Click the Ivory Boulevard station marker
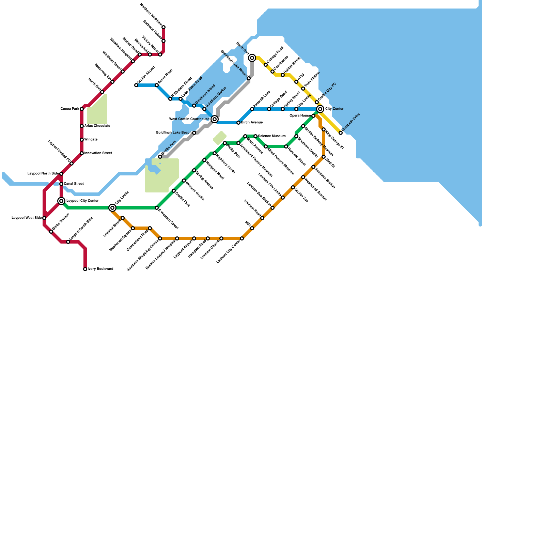[85, 269]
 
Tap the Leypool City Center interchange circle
[61, 201]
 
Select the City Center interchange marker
[320, 109]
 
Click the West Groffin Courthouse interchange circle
[215, 119]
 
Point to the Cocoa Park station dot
[82, 109]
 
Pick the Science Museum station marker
[255, 136]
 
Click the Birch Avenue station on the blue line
[238, 123]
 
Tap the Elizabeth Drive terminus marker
[341, 133]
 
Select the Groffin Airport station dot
[136, 85]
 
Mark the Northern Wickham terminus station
[163, 27]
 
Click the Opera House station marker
[313, 116]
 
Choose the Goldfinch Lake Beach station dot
[194, 133]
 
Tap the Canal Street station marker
[61, 184]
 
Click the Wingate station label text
[91, 140]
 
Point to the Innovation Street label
[98, 153]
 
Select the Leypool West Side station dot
[44, 218]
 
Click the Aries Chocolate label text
[97, 126]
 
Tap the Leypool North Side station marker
[61, 174]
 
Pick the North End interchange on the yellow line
[252, 58]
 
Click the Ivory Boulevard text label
[100, 269]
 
